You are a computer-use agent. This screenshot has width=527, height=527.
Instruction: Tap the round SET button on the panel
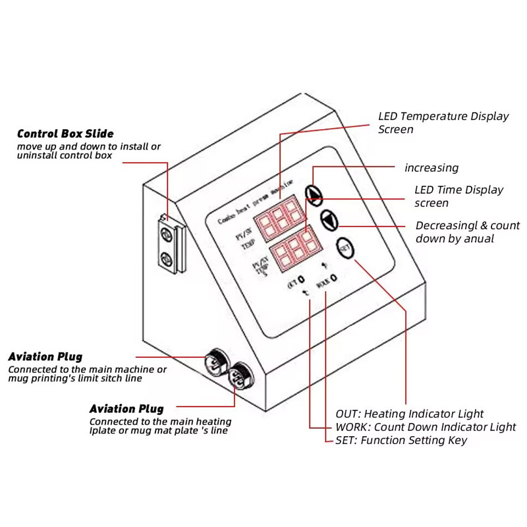tap(345, 248)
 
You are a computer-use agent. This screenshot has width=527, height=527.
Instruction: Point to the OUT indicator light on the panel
tap(300, 280)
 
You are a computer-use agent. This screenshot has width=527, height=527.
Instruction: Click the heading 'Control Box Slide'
tap(65, 134)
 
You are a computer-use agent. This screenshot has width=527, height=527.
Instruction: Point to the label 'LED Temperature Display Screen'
tap(443, 123)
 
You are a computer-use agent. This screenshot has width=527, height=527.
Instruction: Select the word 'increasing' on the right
tap(431, 168)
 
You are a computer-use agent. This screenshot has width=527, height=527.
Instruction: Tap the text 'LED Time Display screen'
tap(458, 196)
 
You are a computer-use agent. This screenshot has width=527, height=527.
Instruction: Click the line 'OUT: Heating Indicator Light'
tap(409, 414)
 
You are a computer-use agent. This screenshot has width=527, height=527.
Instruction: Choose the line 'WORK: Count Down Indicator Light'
tap(426, 427)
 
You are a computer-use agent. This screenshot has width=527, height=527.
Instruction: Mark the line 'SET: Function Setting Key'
tap(401, 440)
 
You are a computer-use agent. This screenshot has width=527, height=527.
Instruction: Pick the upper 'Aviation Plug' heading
tap(45, 356)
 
